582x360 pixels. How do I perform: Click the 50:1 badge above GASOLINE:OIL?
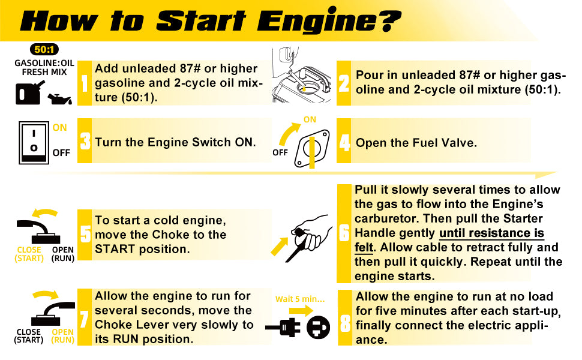[44, 49]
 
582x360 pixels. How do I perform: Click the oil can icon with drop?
[59, 99]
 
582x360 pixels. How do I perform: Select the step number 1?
[85, 83]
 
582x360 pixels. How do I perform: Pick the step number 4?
[344, 142]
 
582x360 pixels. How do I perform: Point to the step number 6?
[344, 233]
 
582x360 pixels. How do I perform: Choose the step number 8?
[345, 323]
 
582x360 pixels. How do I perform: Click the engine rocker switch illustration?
[34, 143]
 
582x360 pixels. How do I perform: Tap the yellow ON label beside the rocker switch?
[59, 128]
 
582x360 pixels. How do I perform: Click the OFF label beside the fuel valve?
[280, 152]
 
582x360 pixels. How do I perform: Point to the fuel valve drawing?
[312, 149]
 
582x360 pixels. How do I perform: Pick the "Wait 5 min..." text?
[300, 299]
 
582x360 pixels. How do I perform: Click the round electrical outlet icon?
[318, 328]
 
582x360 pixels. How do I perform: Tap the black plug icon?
[283, 328]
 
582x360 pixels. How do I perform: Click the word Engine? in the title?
[329, 20]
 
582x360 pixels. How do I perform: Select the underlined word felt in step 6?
[364, 247]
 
